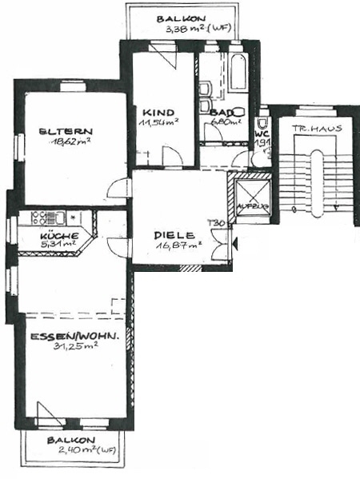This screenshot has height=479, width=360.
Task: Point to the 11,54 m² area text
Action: (x=158, y=123)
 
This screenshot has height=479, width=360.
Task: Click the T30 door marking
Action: (x=214, y=223)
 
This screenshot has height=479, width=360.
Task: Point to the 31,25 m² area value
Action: (x=76, y=348)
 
